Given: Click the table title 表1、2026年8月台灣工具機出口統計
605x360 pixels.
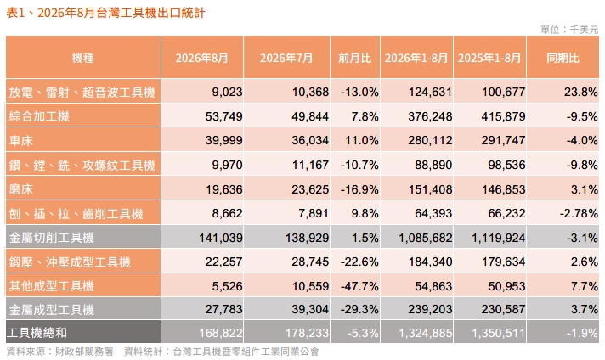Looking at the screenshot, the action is click(105, 13).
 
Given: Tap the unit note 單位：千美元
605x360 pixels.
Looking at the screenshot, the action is click(569, 30).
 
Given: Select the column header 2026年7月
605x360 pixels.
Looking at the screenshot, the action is click(286, 59).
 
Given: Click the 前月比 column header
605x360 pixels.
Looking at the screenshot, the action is click(354, 59).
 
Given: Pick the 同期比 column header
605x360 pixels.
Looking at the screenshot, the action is click(563, 59).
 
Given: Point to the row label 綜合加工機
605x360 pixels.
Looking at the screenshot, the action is click(39, 116).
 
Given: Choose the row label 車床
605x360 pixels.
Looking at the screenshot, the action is click(21, 140).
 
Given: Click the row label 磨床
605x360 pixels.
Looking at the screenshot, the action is click(21, 189).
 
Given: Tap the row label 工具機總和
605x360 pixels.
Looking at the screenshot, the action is click(37, 333).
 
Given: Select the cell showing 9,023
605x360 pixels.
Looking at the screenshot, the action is click(227, 92).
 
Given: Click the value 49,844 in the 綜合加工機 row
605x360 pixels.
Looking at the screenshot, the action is click(310, 116).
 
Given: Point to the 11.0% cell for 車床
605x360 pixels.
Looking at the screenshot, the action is click(361, 140).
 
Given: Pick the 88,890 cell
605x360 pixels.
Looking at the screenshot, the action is click(433, 165).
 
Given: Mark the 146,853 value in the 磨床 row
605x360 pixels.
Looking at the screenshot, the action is click(503, 189).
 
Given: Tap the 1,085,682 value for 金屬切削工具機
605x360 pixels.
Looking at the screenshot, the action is click(425, 238).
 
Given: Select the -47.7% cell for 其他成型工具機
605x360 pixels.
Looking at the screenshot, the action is click(359, 286).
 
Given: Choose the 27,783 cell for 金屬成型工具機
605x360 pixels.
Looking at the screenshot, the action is click(223, 309).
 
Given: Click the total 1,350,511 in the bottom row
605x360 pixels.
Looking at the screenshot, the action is click(499, 333).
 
